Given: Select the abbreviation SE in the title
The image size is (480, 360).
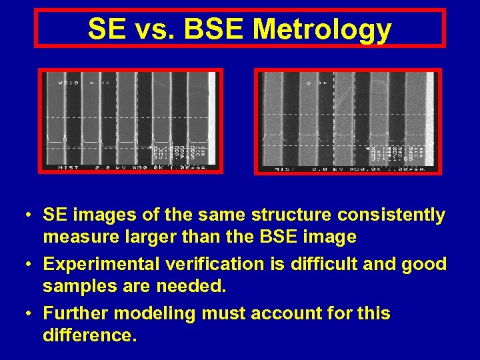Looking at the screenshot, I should click(x=104, y=29).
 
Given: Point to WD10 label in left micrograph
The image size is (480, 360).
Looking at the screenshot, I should click(x=68, y=83).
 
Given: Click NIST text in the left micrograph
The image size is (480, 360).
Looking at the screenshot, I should click(x=69, y=167).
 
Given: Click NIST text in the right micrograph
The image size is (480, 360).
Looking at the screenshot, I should click(x=287, y=169).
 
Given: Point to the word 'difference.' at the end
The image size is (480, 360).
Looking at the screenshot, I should click(x=89, y=335).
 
